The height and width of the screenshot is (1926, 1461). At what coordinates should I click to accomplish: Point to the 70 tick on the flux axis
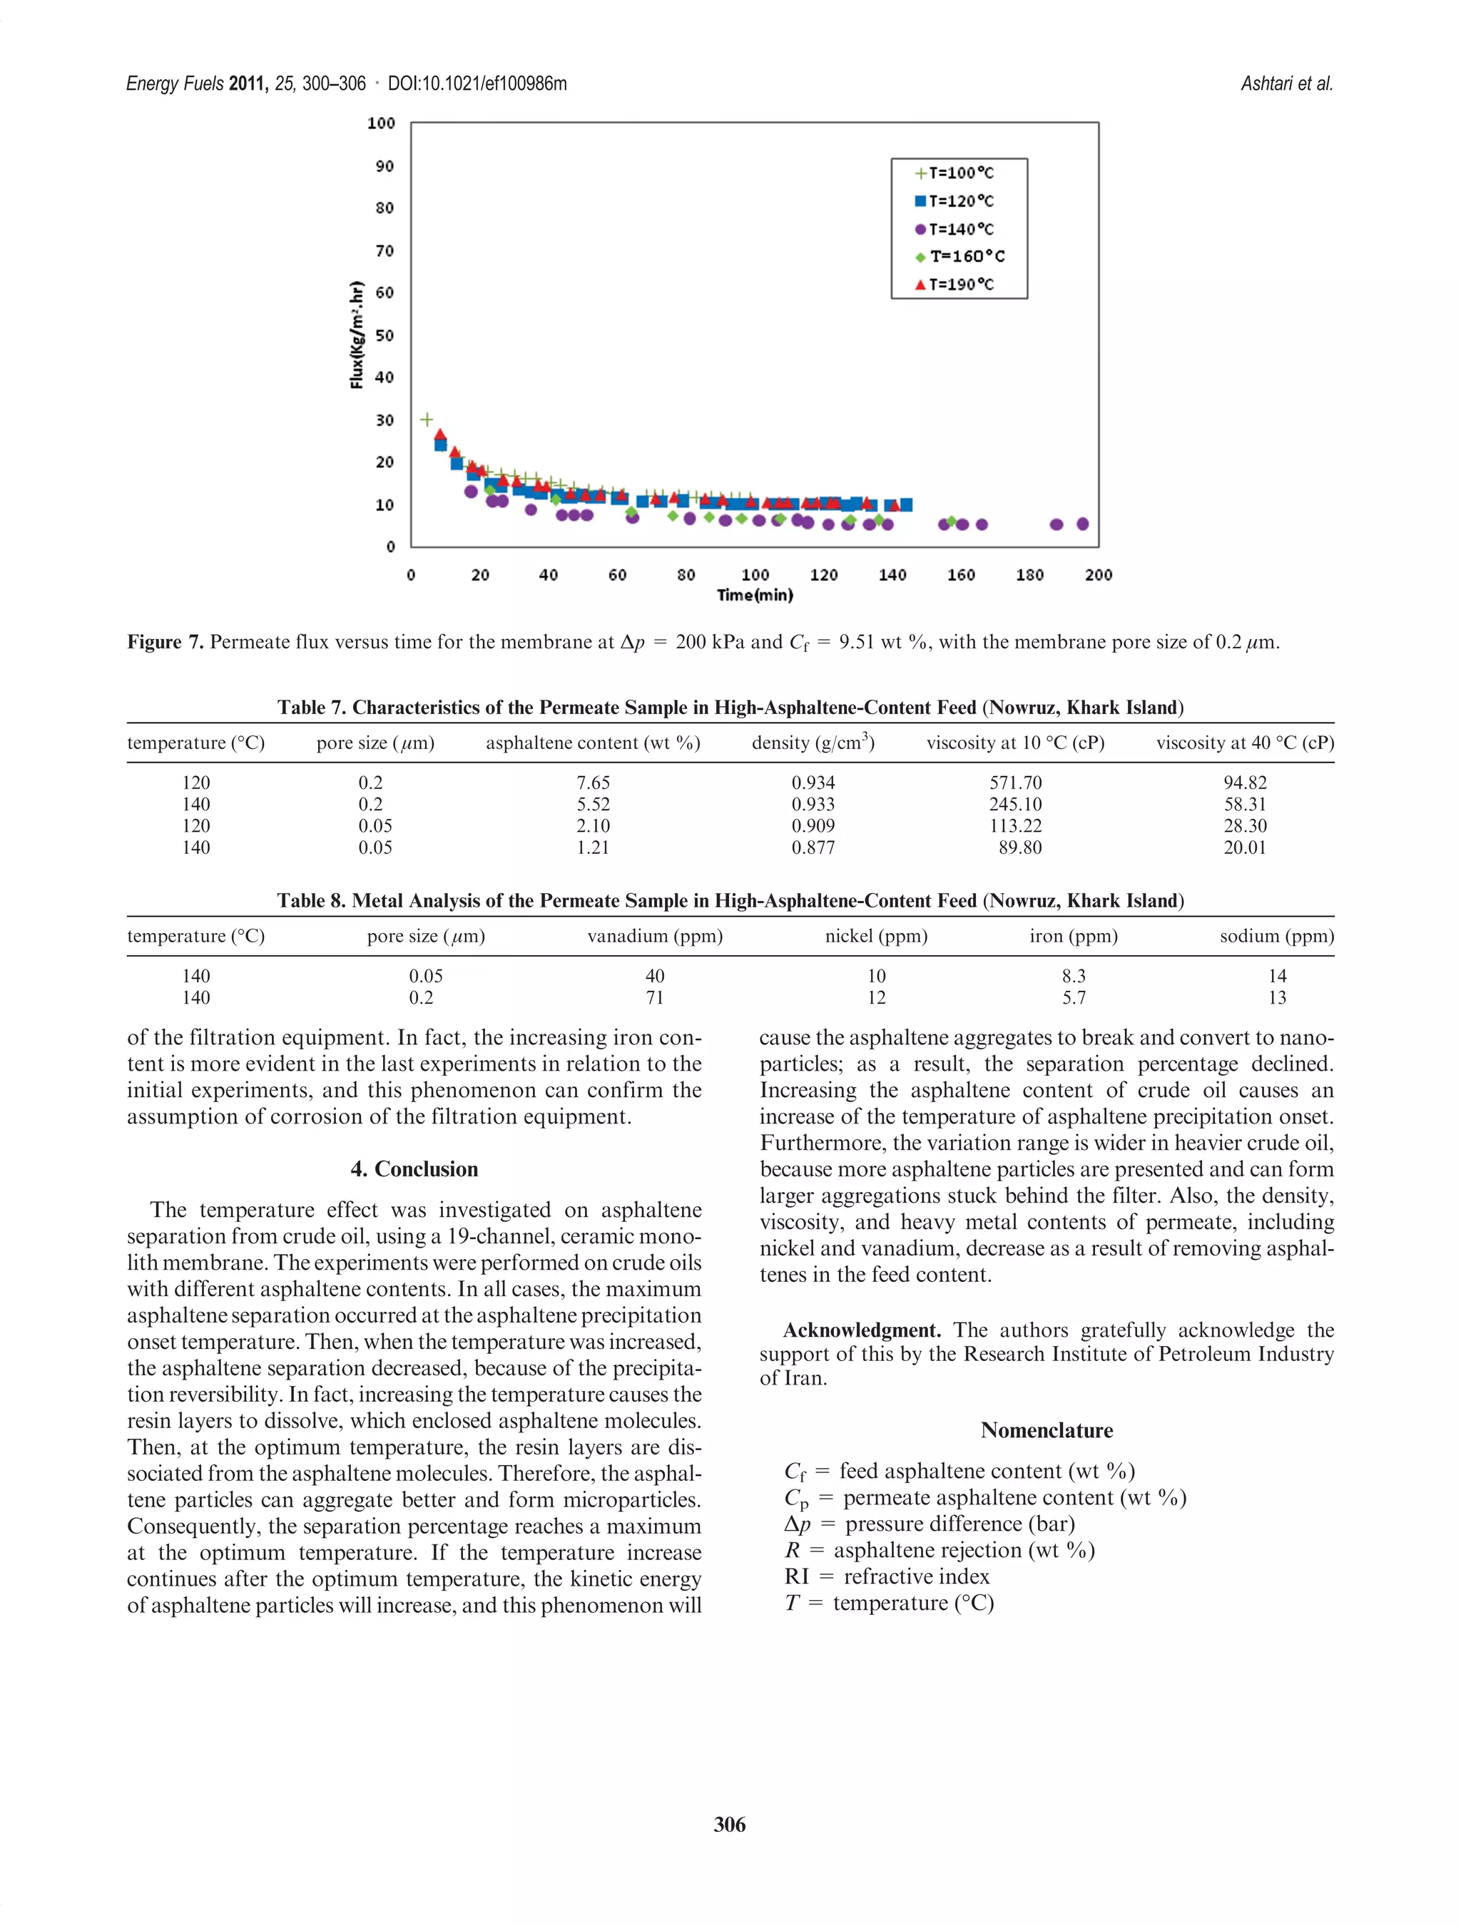pos(384,251)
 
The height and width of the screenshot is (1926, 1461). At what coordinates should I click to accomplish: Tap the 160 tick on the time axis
pos(960,575)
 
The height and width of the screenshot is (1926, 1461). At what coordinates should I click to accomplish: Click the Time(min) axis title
pos(754,596)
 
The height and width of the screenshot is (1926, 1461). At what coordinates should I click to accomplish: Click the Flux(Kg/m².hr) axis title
pos(356,335)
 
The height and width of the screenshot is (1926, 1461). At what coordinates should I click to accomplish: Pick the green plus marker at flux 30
pos(427,419)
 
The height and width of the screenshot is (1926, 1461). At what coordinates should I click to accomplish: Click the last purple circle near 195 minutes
pos(1082,524)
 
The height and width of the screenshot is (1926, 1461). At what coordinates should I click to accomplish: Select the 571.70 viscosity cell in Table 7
pos(1014,783)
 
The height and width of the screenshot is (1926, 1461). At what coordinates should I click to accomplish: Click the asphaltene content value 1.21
pos(592,847)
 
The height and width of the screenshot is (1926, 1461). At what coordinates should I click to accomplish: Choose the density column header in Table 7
pos(813,743)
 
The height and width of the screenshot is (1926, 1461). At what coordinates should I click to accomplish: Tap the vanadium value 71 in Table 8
pos(654,998)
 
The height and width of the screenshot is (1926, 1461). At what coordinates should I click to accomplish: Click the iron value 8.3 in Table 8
pos(1073,976)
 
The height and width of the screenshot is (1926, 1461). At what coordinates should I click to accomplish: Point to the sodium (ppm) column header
pos(1276,936)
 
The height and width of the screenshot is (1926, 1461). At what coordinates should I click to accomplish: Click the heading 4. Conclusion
pos(414,1168)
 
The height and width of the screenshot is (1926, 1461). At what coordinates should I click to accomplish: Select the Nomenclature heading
pos(1046,1430)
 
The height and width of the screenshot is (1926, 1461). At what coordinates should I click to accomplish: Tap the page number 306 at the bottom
pos(729,1824)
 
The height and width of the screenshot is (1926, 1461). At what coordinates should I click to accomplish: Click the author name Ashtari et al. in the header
pos(1286,83)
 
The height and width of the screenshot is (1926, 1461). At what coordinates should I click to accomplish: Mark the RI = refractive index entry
pos(886,1576)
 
